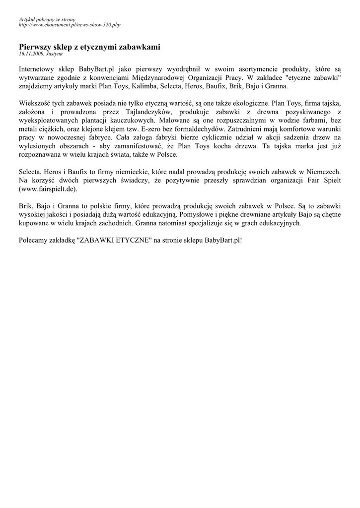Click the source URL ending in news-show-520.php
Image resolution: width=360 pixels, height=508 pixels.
tap(69, 24)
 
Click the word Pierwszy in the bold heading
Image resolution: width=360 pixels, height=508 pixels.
tap(35, 47)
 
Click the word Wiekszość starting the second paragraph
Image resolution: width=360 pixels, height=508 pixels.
tap(35, 103)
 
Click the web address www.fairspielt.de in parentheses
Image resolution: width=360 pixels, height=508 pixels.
tap(48, 189)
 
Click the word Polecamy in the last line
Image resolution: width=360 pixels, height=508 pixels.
tap(34, 241)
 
